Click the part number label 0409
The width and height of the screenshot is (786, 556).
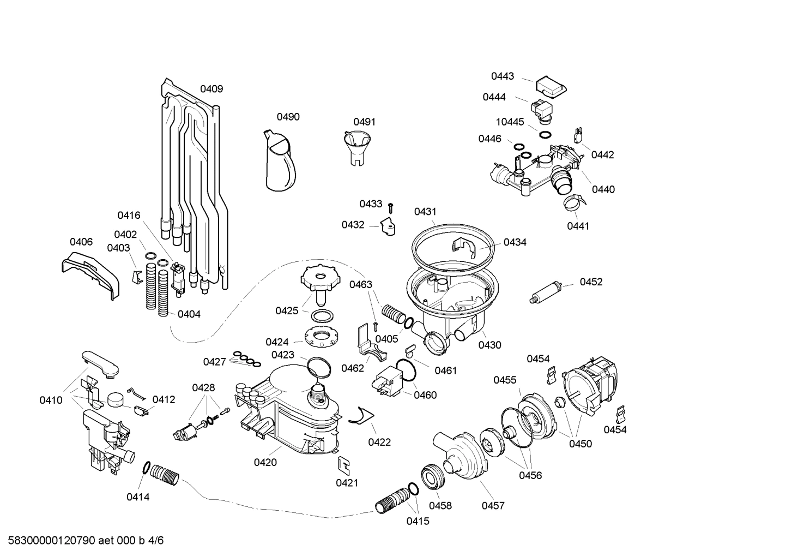coord(211,89)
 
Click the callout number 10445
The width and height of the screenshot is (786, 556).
coord(510,122)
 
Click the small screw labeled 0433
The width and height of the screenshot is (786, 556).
coord(391,207)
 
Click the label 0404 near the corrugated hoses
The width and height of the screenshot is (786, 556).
coord(189,314)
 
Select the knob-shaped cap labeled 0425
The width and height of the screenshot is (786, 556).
coord(321,282)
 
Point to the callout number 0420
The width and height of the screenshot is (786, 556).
coord(265,463)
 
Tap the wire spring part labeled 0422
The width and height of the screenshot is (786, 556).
coord(358,417)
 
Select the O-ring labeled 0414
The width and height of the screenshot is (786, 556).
coord(146,468)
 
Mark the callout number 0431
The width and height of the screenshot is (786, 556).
coord(425,212)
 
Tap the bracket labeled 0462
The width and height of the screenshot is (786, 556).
coord(369,344)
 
